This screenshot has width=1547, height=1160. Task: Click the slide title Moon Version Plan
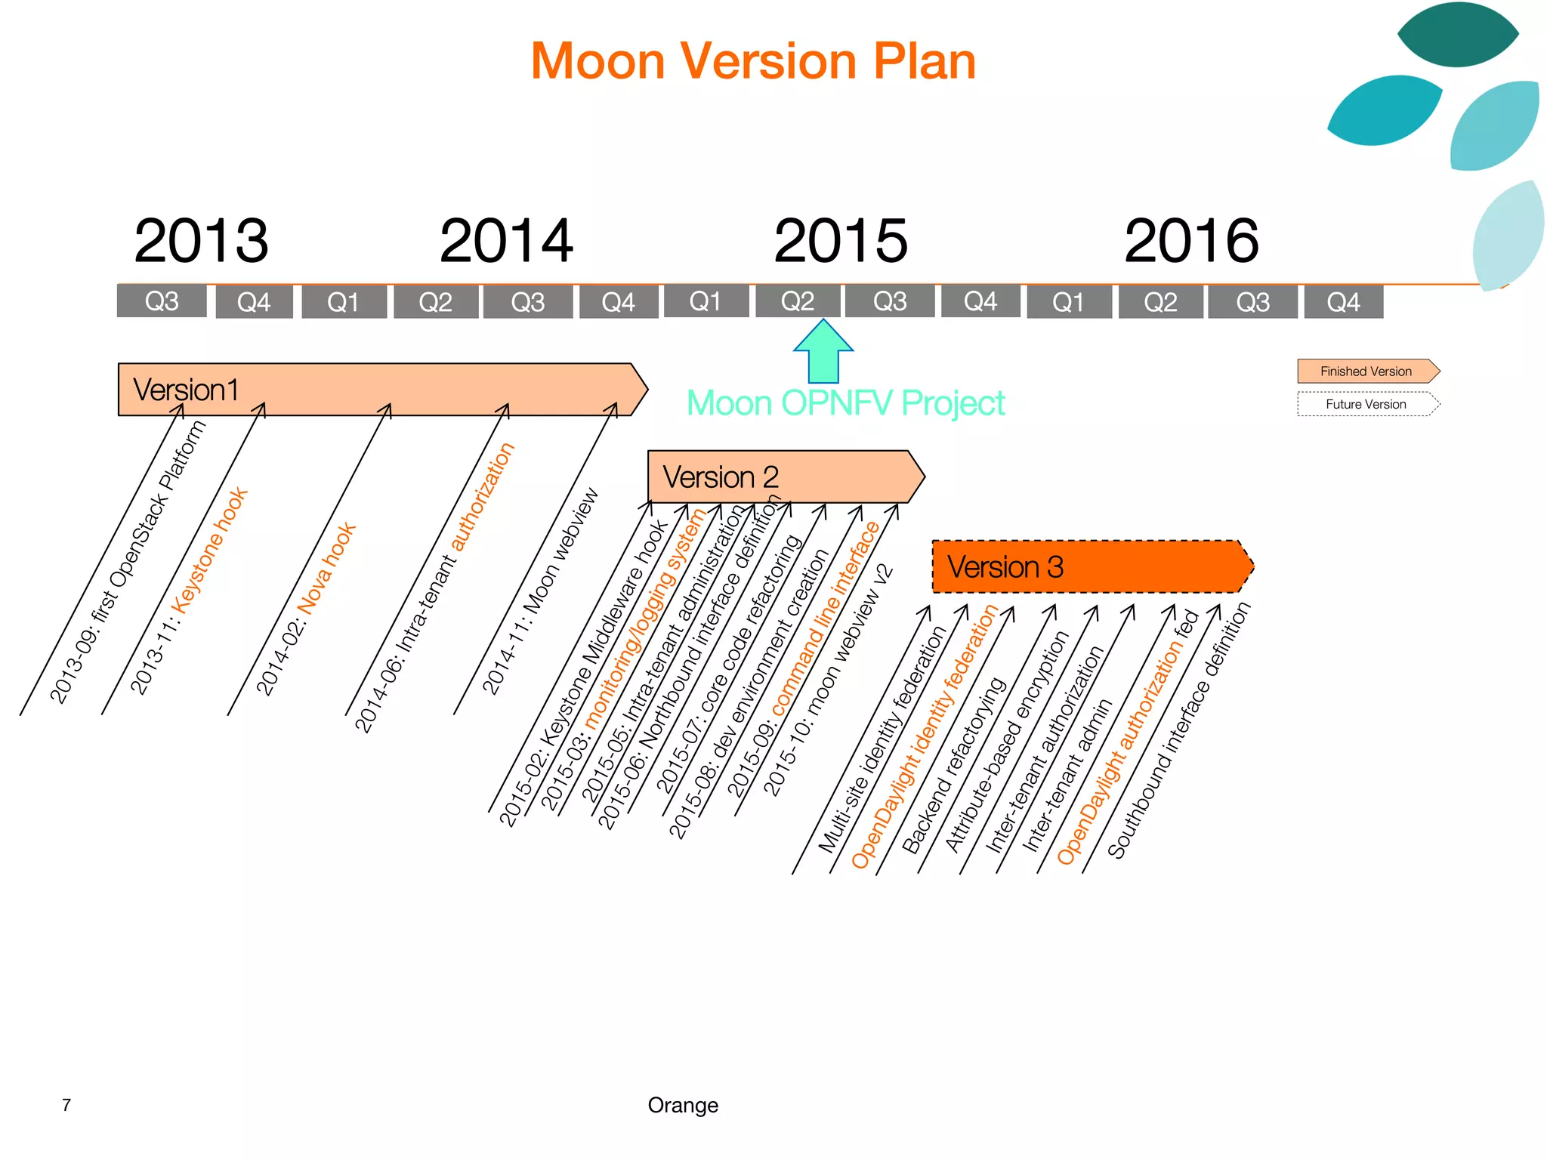753,60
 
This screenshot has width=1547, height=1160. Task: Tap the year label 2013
201,241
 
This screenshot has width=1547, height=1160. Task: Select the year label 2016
1191,241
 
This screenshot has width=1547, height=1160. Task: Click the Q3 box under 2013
162,301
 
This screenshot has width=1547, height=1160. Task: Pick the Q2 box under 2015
798,301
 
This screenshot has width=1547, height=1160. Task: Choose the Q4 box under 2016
1343,302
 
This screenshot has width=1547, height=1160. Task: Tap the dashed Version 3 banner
1088,566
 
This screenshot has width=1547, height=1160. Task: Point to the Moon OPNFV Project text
845,403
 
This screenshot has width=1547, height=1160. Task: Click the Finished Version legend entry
1366,372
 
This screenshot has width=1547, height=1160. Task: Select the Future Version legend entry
1366,404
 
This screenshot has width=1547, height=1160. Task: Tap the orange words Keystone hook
210,550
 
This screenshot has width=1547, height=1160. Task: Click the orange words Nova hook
326,566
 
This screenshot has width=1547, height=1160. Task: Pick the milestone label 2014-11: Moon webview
541,591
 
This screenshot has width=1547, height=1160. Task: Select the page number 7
66,1105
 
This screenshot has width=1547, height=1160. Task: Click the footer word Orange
683,1105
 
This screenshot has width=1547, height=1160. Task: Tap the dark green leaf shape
1457,34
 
